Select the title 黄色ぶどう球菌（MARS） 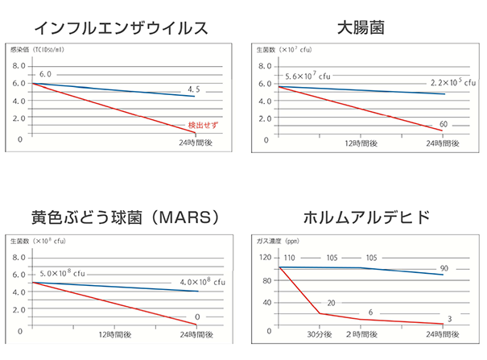coord(113,218)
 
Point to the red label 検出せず coord(201,126)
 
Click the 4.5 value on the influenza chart coord(193,89)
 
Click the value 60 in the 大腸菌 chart coord(444,124)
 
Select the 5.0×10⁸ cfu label coord(62,273)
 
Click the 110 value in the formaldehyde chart coord(290,259)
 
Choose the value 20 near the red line coord(331,302)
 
